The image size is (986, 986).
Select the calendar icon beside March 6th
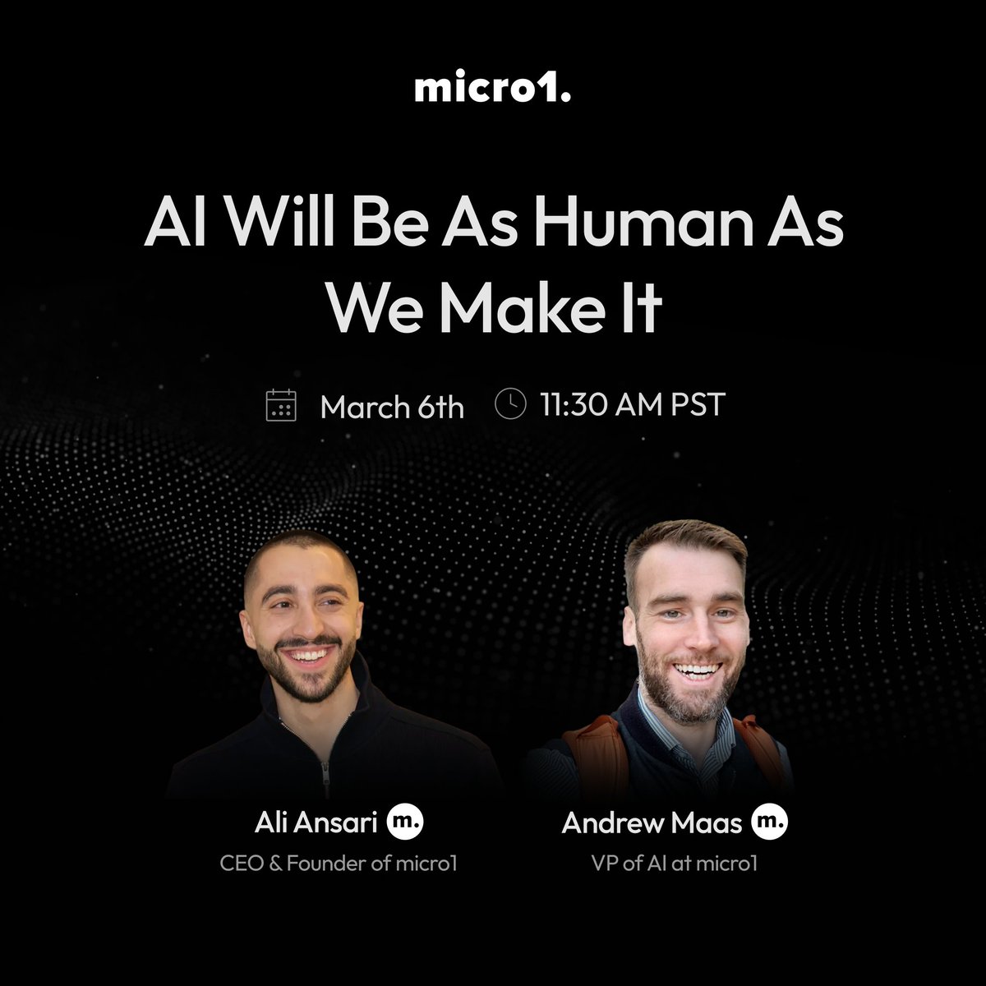tap(281, 406)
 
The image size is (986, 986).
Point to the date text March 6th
tap(392, 407)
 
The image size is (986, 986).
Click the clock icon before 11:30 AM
tap(511, 404)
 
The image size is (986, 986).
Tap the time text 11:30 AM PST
tap(633, 405)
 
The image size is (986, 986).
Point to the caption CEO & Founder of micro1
tap(338, 864)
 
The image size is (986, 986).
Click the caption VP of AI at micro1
tap(674, 864)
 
